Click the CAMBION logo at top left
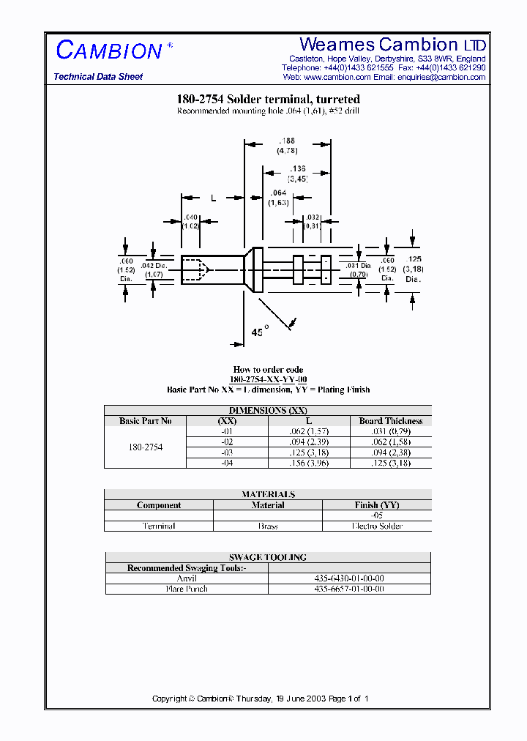coord(109,51)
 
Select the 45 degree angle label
coord(258,332)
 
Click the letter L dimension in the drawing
coord(213,198)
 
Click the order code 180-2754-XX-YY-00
coord(268,379)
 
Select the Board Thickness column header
coord(391,421)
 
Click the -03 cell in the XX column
coord(226,453)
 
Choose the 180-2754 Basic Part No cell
coord(146,447)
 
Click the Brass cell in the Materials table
coord(268,526)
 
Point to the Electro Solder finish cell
coord(378,526)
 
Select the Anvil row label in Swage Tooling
coord(187,578)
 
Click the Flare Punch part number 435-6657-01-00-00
coord(349,589)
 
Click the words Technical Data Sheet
coord(98,77)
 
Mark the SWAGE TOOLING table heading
coord(268,557)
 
